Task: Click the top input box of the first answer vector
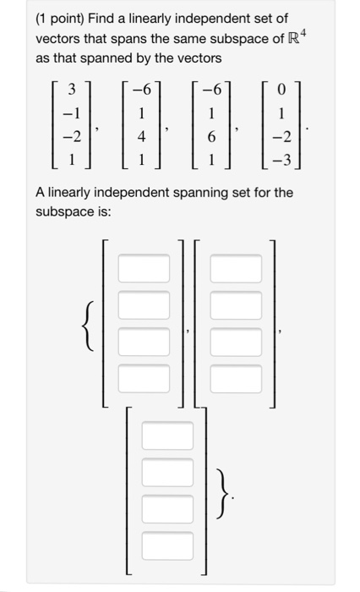pyautogui.click(x=144, y=270)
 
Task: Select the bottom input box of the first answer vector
pyautogui.click(x=144, y=377)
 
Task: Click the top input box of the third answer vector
pyautogui.click(x=168, y=436)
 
